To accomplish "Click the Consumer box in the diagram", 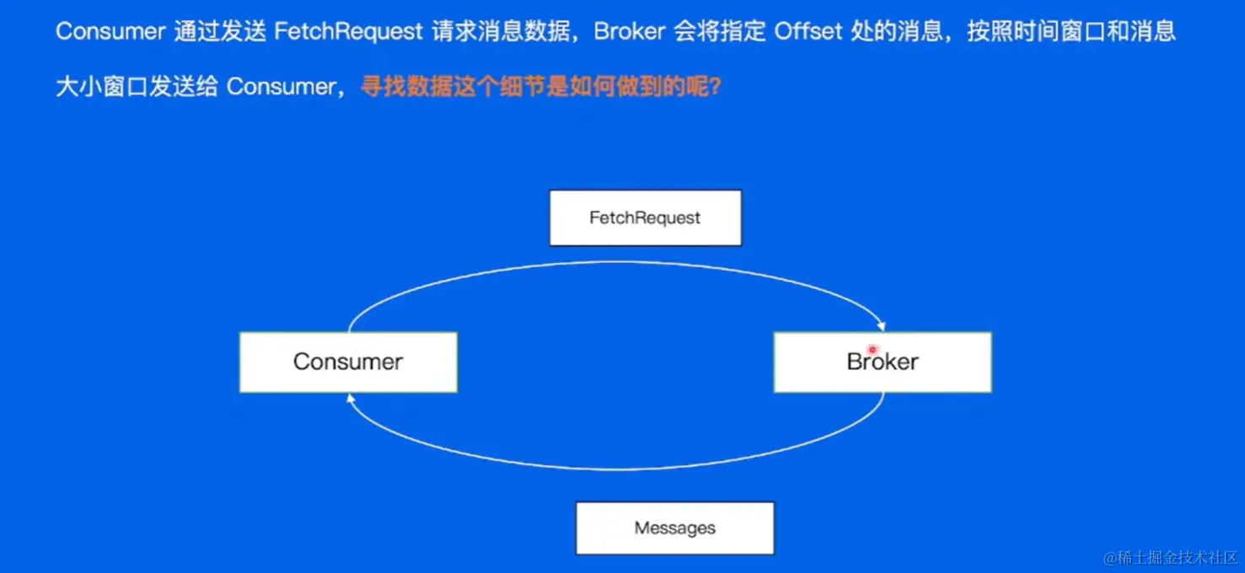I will pyautogui.click(x=348, y=362).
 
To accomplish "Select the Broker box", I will pyautogui.click(x=882, y=362).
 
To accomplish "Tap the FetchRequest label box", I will pyautogui.click(x=645, y=218).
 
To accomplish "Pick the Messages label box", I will pyautogui.click(x=674, y=528).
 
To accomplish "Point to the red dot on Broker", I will pyautogui.click(x=872, y=349).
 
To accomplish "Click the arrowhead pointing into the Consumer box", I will pyautogui.click(x=349, y=398).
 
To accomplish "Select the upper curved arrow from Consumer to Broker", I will pyautogui.click(x=615, y=264).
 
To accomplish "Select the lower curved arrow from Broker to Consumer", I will pyautogui.click(x=615, y=469).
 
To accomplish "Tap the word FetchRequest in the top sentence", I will pyautogui.click(x=348, y=32).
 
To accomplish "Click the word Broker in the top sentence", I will pyautogui.click(x=629, y=32).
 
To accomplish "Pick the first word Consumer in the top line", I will pyautogui.click(x=110, y=32).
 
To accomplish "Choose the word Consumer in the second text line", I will pyautogui.click(x=281, y=87).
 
